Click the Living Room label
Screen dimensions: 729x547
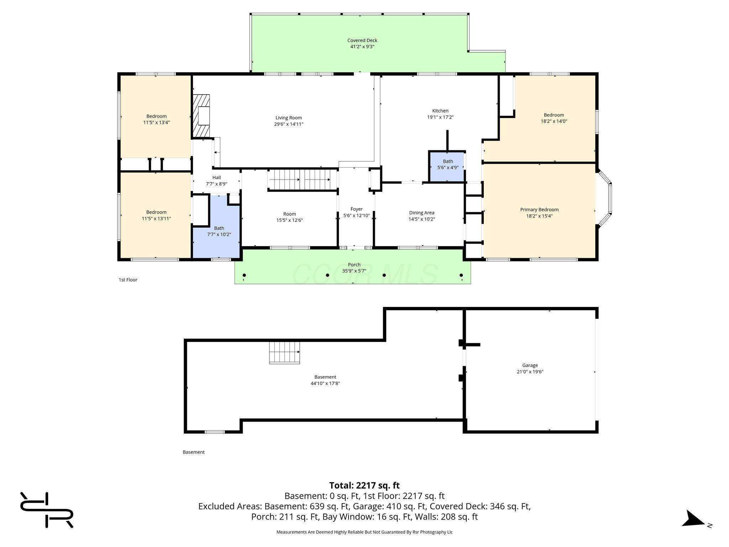coord(289,118)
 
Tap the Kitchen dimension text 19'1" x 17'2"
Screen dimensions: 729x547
coord(440,117)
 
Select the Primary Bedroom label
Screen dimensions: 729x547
coord(539,210)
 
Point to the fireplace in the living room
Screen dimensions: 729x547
coord(201,116)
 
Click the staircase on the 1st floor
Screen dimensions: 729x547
coord(302,180)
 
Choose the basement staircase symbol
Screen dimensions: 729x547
coord(284,353)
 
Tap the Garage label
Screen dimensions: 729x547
coord(530,365)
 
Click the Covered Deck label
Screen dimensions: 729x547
coord(362,41)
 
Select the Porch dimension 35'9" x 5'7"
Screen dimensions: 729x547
coord(354,271)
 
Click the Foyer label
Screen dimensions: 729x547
coord(356,209)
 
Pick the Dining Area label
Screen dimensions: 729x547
coord(422,213)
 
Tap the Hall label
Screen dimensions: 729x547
coord(216,178)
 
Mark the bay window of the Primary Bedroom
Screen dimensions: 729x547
coord(604,198)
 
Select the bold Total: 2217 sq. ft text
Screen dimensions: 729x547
coord(364,486)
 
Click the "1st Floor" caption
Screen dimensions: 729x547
coord(128,280)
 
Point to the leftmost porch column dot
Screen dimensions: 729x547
coord(244,275)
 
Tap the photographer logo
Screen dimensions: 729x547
coord(47,510)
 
